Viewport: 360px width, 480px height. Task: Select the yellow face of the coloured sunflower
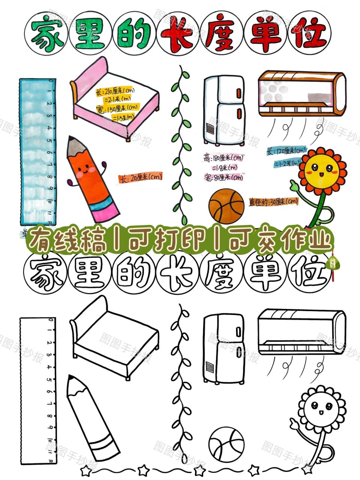322,171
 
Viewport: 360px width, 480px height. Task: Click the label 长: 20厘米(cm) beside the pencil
140,177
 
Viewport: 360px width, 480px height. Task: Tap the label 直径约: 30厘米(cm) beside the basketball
273,202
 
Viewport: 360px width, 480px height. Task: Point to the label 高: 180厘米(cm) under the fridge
223,158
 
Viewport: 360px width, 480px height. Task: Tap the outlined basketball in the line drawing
226,446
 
